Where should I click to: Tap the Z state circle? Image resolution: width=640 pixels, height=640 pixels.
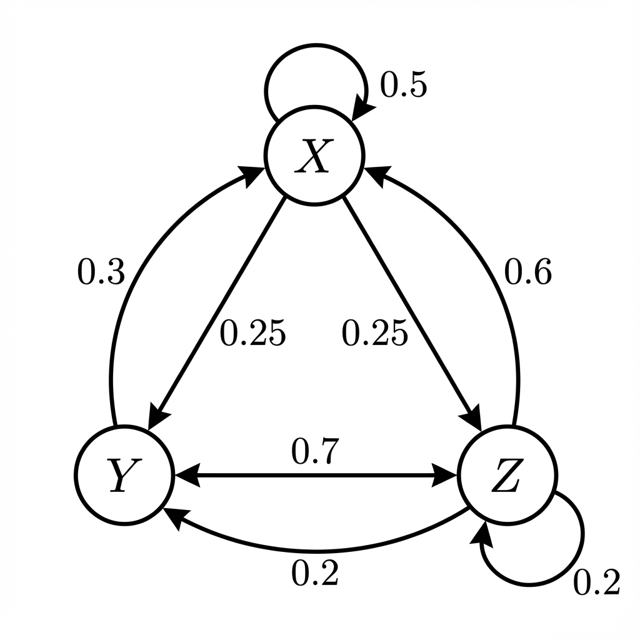point(507,476)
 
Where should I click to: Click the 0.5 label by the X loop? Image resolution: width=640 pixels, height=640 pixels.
point(404,85)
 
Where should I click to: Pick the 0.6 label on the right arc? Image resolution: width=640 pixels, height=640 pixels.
point(529,273)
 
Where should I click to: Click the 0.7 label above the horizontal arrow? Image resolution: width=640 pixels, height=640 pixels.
point(315,451)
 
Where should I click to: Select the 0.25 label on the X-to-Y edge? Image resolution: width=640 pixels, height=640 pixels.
point(252,334)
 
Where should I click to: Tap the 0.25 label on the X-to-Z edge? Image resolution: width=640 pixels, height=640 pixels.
point(375,334)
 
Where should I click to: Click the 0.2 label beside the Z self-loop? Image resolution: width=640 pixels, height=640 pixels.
point(597,582)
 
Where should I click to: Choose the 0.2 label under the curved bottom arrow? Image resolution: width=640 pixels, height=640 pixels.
point(315,572)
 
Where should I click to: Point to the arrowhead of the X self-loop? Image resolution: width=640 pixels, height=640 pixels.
point(359,112)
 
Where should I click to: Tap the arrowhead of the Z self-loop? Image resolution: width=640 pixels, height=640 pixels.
point(484,532)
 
